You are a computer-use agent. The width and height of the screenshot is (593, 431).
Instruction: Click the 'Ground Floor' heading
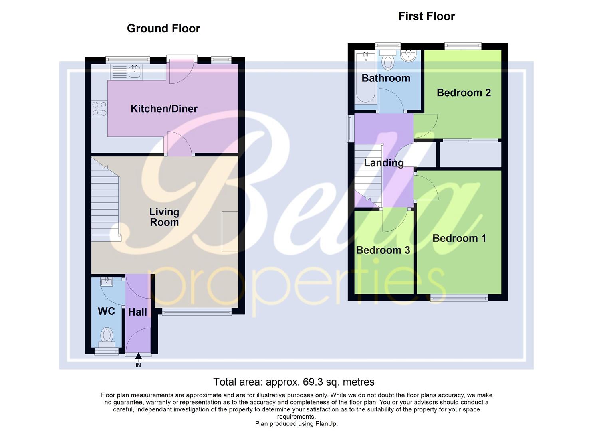tap(163, 28)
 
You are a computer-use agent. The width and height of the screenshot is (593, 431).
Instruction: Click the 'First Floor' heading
tap(426, 16)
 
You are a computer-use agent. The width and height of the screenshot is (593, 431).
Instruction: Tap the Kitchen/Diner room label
tap(164, 109)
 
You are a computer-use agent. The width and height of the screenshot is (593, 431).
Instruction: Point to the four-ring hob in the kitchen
tap(99, 109)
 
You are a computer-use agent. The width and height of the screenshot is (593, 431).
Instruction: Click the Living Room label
tap(164, 217)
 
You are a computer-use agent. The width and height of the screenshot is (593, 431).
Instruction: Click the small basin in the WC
tap(107, 282)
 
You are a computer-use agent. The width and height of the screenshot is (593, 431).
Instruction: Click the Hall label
tap(137, 312)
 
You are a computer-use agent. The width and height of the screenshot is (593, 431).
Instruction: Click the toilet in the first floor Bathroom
tap(387, 60)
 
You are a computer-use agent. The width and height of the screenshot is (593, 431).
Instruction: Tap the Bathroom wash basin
tap(409, 55)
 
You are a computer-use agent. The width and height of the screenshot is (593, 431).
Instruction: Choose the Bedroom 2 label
tap(464, 93)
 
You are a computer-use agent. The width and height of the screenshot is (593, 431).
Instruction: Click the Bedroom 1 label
tap(459, 238)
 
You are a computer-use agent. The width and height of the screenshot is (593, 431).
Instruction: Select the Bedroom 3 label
tap(383, 250)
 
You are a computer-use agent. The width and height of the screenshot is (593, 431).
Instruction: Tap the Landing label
tap(384, 163)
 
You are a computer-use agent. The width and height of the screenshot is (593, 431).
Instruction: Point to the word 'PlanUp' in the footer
tap(326, 424)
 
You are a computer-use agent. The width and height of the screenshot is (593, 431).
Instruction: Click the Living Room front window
tap(197, 312)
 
